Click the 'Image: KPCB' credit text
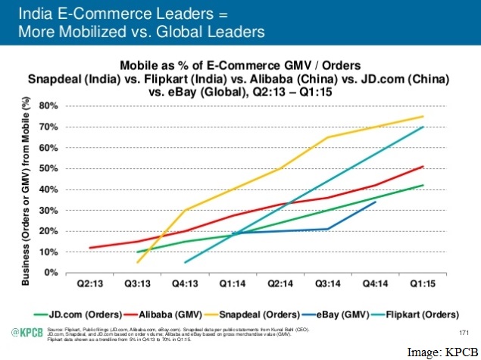[444, 351]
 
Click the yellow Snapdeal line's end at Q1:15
[423, 116]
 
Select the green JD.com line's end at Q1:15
[423, 185]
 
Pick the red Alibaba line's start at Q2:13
[91, 248]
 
